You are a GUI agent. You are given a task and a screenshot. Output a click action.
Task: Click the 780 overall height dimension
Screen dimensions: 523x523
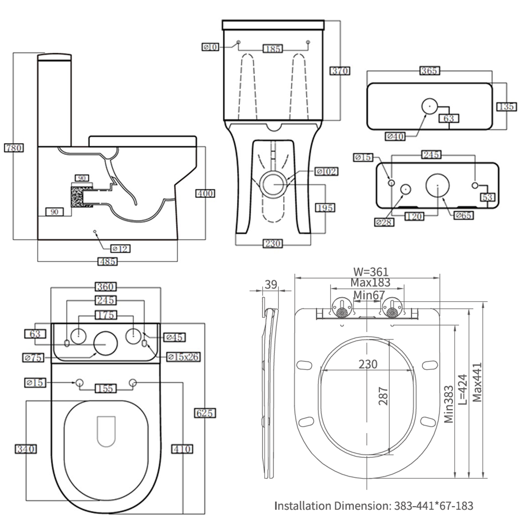click(x=14, y=148)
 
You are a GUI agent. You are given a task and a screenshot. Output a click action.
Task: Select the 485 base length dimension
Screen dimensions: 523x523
click(x=107, y=261)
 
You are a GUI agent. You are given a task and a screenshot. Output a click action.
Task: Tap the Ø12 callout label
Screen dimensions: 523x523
click(x=120, y=249)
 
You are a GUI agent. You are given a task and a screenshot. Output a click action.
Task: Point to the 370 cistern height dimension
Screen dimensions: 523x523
click(x=340, y=71)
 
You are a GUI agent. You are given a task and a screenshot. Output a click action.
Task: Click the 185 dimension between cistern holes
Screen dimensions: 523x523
click(x=272, y=48)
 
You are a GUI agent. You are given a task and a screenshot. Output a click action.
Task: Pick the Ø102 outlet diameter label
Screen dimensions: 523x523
click(x=326, y=171)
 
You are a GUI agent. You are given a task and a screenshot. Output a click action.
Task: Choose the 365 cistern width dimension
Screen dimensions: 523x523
click(x=429, y=71)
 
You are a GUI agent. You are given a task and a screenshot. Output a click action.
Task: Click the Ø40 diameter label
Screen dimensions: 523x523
click(x=395, y=136)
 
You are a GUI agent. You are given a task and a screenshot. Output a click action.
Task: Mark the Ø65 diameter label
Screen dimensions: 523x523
click(x=463, y=215)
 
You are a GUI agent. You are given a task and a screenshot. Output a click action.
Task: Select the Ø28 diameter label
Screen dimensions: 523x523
click(x=384, y=222)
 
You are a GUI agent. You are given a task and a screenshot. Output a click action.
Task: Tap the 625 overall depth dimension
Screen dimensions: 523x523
click(x=205, y=413)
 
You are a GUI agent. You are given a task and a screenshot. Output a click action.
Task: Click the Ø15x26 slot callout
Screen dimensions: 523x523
click(x=183, y=357)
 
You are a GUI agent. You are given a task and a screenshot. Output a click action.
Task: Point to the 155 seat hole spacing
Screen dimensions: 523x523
click(x=106, y=388)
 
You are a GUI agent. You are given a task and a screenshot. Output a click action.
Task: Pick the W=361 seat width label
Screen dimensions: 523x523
click(x=370, y=272)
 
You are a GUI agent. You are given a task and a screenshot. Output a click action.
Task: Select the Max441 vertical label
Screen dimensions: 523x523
click(x=477, y=382)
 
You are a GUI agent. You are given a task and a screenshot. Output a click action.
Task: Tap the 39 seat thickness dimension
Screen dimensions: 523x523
click(x=271, y=285)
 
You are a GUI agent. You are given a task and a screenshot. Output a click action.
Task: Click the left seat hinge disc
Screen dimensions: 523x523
click(x=342, y=308)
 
